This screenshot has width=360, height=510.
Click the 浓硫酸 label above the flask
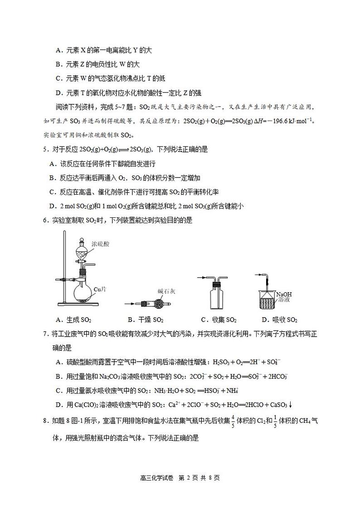point(100,245)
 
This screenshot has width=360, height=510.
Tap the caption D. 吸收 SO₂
point(279,320)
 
